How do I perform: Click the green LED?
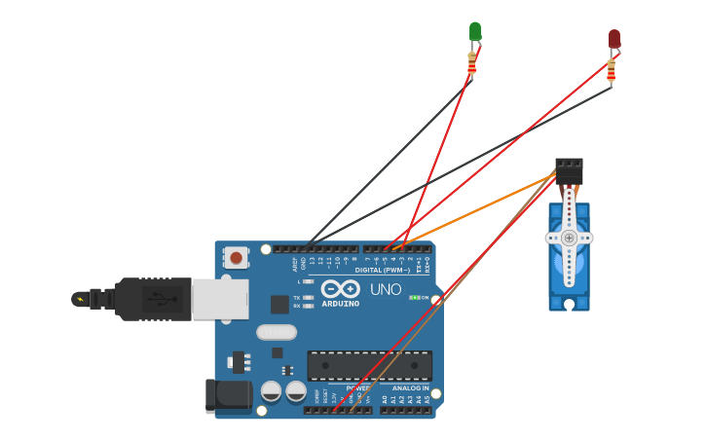[x=475, y=32]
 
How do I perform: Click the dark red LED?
[x=614, y=39]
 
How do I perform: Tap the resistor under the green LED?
[x=472, y=64]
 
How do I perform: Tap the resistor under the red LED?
[x=612, y=71]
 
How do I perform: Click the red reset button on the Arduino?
[x=236, y=258]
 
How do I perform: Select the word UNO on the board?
[x=386, y=289]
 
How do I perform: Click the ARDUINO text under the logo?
[x=340, y=303]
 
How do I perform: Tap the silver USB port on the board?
[x=220, y=299]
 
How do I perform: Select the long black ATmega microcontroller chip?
[x=369, y=366]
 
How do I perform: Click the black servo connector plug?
[x=569, y=171]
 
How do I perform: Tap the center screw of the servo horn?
[x=569, y=238]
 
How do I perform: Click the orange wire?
[x=477, y=209]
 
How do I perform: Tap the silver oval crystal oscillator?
[x=277, y=332]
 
